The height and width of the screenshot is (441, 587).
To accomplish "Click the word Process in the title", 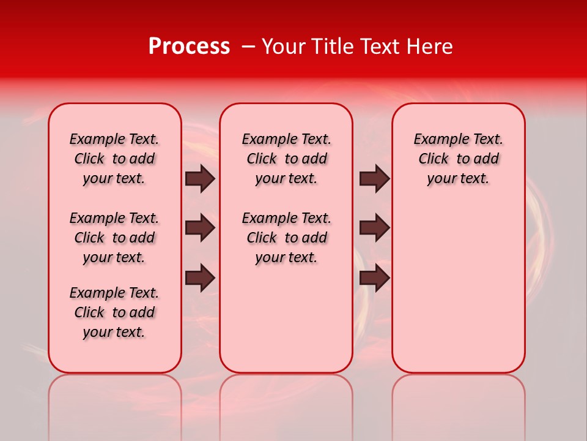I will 189,47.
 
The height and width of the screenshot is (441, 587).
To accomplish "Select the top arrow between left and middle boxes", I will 200,178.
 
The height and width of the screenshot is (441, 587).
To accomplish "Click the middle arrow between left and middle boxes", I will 200,228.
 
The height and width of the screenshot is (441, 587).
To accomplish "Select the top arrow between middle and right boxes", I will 374,178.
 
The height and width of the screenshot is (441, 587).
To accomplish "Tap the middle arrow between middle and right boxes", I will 374,228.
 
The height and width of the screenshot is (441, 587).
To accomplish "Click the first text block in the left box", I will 114,159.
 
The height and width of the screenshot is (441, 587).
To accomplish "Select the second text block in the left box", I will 114,238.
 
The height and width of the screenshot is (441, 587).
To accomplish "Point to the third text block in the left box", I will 114,312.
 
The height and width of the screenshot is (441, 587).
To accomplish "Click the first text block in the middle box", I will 287,159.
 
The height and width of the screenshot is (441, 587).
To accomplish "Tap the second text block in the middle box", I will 287,238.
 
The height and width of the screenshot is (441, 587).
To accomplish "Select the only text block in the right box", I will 459,159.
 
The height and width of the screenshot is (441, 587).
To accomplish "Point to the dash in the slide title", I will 248,47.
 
